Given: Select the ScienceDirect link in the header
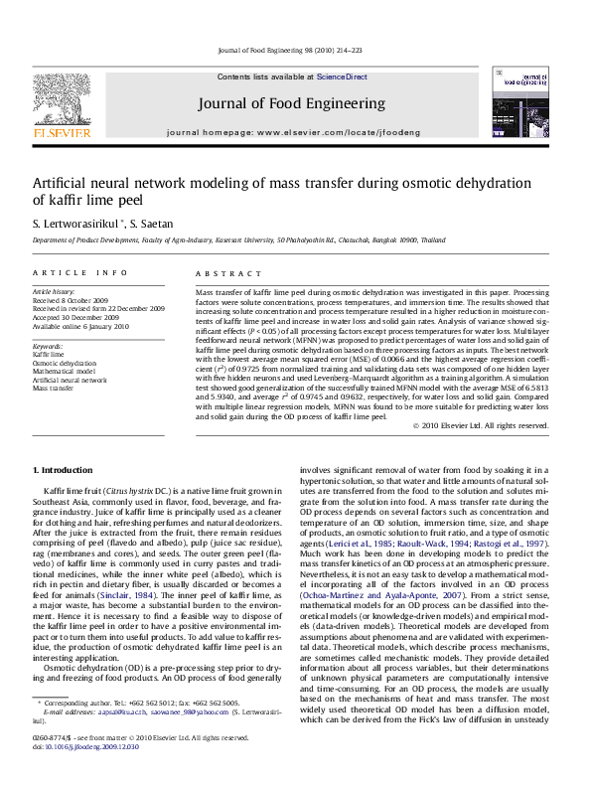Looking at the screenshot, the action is tap(342, 77).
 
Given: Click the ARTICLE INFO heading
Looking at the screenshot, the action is tap(79, 272).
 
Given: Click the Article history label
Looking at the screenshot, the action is tap(54, 292).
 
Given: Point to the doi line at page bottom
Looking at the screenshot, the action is tap(79, 747).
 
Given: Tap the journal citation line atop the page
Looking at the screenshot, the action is tap(295, 50).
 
